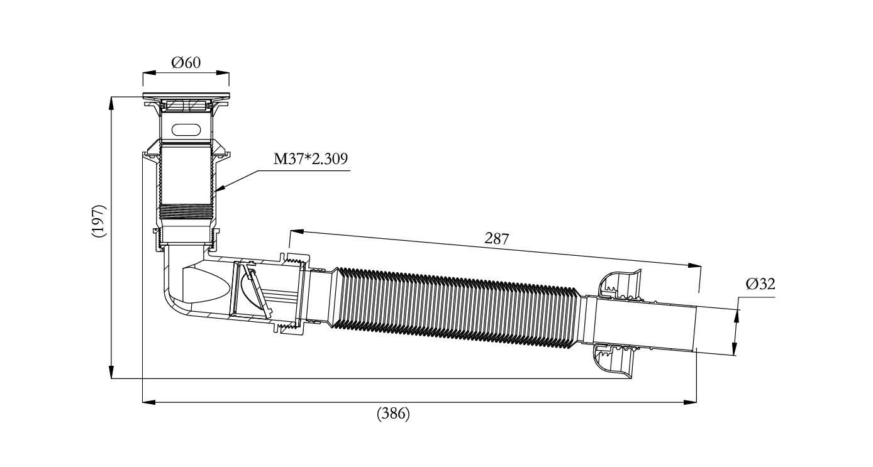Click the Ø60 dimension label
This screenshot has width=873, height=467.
point(186,62)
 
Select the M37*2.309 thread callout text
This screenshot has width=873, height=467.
point(310,159)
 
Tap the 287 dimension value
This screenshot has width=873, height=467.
point(496,238)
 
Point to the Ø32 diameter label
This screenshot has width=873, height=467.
point(760,284)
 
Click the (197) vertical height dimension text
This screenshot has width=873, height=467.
point(99,221)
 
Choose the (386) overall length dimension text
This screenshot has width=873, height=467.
point(393,413)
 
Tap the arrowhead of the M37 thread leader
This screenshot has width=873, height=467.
point(220,189)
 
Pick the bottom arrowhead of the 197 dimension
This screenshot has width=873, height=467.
point(111,372)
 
